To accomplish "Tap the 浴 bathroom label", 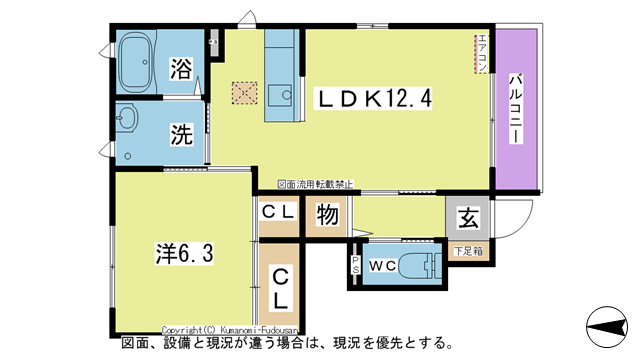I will (x=181, y=69).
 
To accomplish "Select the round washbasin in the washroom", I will (x=127, y=120).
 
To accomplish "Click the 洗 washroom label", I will (x=181, y=133).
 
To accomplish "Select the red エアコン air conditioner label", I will (x=480, y=54).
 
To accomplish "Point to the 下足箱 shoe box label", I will (x=467, y=249).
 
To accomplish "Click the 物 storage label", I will (x=326, y=216).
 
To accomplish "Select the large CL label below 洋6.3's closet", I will (x=281, y=287).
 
